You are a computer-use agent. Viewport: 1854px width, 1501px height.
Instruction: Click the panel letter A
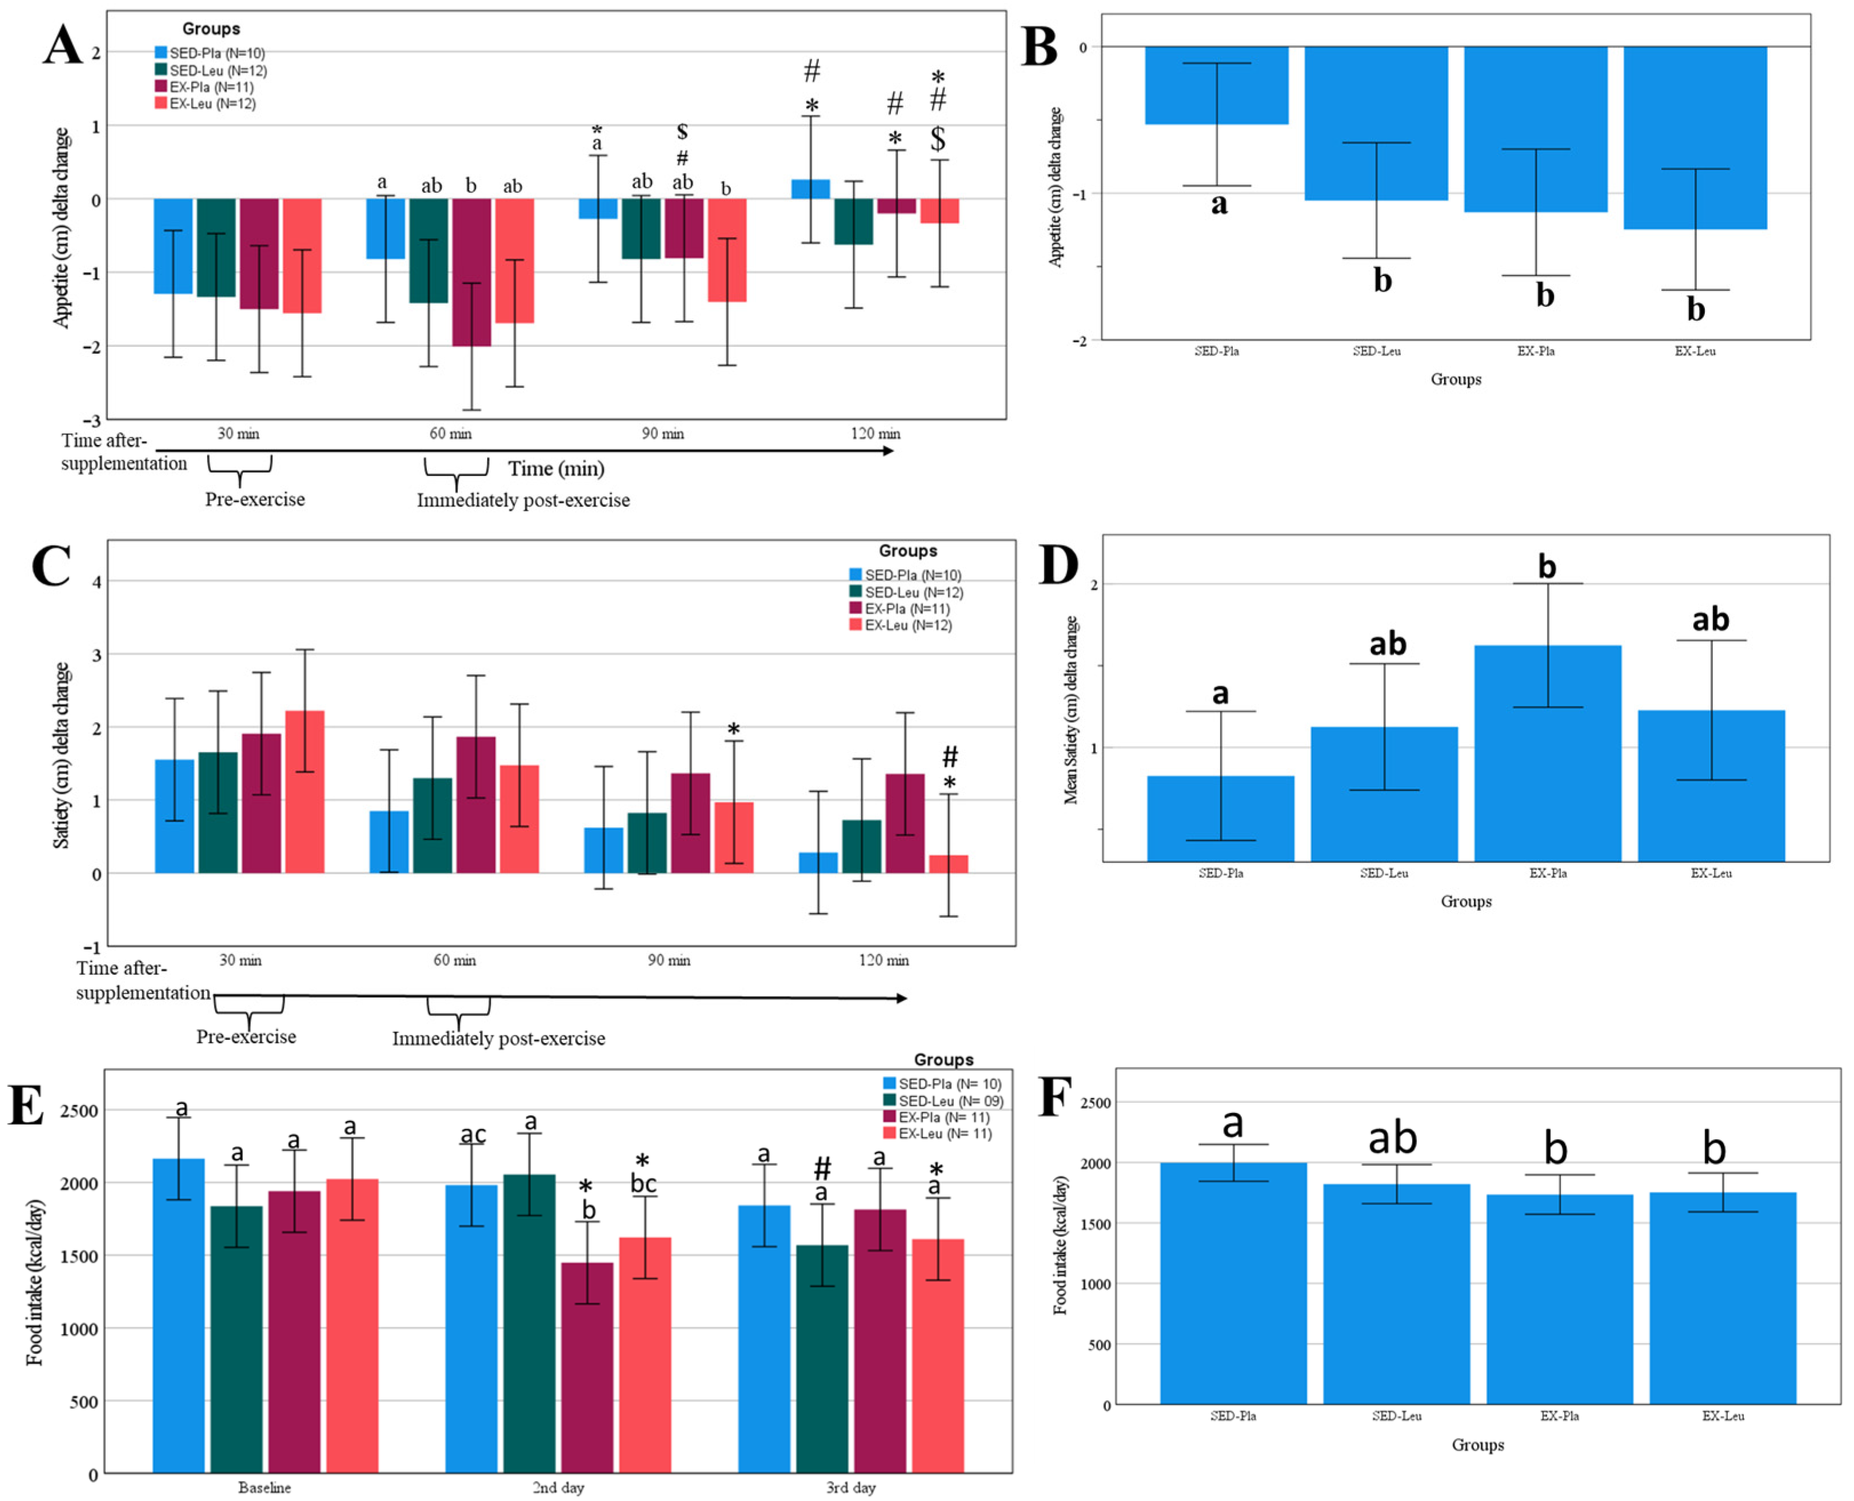point(63,45)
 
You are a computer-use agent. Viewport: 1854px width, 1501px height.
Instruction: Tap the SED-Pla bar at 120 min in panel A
point(811,189)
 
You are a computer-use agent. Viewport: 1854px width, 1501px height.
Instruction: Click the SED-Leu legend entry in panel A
point(207,70)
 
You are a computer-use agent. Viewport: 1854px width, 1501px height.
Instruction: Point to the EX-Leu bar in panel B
point(1695,138)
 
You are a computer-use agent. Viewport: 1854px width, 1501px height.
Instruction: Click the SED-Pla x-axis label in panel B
point(1217,351)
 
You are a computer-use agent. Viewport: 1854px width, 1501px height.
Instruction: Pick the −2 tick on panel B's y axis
point(1080,341)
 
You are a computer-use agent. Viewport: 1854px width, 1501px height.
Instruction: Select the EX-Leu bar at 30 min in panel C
point(305,791)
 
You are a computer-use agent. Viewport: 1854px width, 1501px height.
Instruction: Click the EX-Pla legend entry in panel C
point(906,609)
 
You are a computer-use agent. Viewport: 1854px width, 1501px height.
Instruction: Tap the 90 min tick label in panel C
point(669,960)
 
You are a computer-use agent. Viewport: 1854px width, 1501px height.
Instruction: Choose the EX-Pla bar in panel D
point(1547,753)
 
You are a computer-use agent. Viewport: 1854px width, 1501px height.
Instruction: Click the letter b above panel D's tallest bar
point(1547,567)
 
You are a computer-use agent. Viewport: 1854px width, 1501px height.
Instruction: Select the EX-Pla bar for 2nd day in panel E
point(587,1366)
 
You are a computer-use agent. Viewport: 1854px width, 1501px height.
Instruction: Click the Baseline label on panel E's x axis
point(265,1487)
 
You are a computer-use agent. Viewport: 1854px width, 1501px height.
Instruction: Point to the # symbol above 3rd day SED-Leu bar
point(822,1169)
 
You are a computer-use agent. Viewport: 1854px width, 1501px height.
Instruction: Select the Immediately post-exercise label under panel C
point(498,1038)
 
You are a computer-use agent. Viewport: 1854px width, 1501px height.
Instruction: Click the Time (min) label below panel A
point(556,469)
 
